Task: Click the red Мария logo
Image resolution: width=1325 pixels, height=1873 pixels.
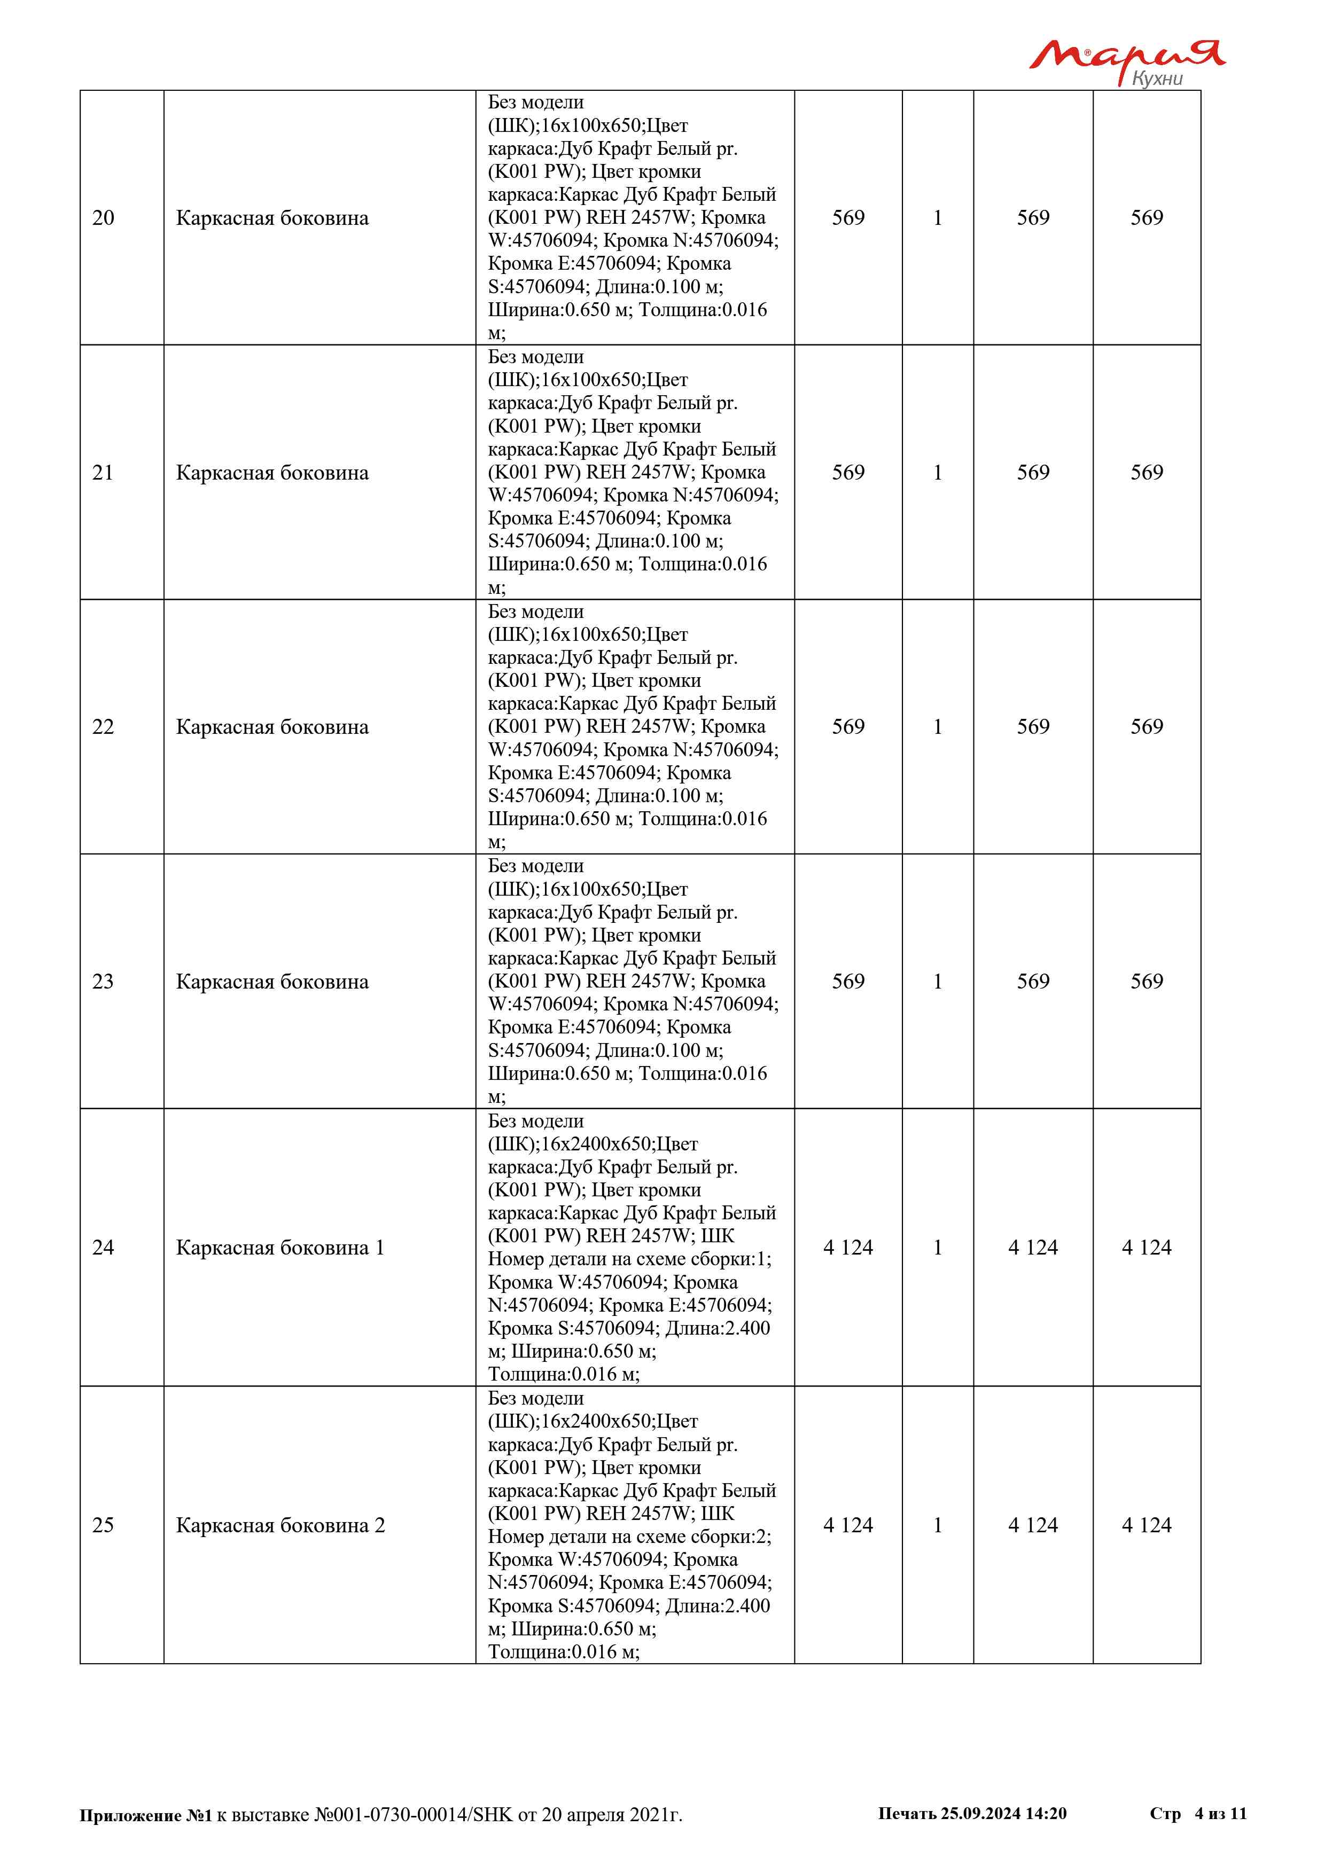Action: click(x=1126, y=56)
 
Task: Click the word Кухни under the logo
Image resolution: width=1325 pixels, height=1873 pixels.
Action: click(x=1157, y=79)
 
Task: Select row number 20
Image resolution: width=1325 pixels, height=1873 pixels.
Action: click(x=103, y=218)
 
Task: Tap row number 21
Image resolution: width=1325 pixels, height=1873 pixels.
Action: click(x=103, y=472)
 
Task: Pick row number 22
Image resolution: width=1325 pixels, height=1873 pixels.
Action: click(x=103, y=727)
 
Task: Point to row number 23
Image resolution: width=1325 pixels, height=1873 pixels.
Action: click(x=103, y=982)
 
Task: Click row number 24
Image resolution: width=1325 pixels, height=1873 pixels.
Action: click(x=103, y=1247)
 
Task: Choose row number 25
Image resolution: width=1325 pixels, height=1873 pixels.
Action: click(x=103, y=1525)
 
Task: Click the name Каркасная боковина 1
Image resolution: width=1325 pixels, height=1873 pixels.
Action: click(x=280, y=1247)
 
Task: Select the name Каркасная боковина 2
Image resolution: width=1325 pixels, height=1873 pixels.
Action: click(x=280, y=1525)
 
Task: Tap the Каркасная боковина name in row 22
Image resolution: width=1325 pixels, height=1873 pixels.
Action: click(x=272, y=727)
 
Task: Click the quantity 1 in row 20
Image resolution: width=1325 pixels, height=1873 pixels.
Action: click(x=938, y=218)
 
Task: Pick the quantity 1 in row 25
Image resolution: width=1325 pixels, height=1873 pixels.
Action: click(x=938, y=1525)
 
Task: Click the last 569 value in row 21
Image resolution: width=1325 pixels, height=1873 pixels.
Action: click(x=1147, y=472)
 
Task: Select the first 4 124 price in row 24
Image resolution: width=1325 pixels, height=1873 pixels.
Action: click(x=848, y=1247)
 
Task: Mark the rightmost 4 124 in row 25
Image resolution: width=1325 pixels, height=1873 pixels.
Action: click(x=1147, y=1525)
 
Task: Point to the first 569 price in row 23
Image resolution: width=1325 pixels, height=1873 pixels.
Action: click(x=848, y=982)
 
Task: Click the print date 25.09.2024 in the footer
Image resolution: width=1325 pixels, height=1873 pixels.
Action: click(x=980, y=1813)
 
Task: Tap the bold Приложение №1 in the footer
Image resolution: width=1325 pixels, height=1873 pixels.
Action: click(x=145, y=1815)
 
